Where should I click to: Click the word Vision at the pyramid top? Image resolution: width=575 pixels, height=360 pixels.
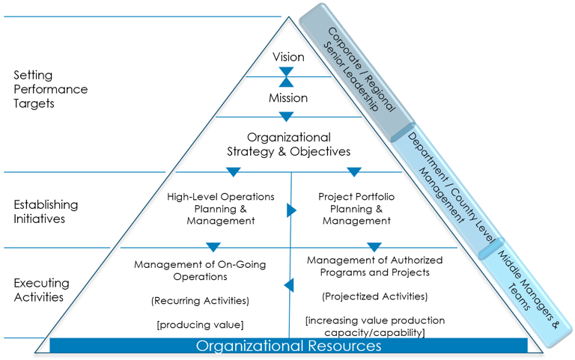[288, 57]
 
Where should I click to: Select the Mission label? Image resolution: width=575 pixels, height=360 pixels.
[288, 98]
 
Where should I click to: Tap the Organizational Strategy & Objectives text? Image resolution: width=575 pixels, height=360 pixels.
[288, 144]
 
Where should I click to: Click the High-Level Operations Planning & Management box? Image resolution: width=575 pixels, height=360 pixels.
[220, 209]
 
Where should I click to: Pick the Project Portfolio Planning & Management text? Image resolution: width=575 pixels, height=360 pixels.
[356, 209]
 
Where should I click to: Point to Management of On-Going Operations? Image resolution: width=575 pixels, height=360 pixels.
[200, 270]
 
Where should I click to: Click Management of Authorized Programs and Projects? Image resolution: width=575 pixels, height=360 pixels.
[374, 266]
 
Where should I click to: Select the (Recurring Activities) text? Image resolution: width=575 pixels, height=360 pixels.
[200, 300]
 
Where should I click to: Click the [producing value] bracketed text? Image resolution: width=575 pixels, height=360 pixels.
[200, 324]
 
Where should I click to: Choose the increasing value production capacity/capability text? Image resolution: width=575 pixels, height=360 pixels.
[374, 326]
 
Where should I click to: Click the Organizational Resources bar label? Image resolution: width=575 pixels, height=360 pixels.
[288, 346]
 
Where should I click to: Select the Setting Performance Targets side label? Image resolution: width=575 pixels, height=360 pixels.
[50, 89]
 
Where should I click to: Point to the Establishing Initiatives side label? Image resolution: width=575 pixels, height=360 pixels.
[46, 211]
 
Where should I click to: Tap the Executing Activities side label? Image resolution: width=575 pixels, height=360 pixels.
[41, 290]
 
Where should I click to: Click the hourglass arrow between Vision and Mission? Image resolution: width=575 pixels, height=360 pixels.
[286, 77]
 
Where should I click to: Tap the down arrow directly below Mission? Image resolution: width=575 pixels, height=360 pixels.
[286, 116]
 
